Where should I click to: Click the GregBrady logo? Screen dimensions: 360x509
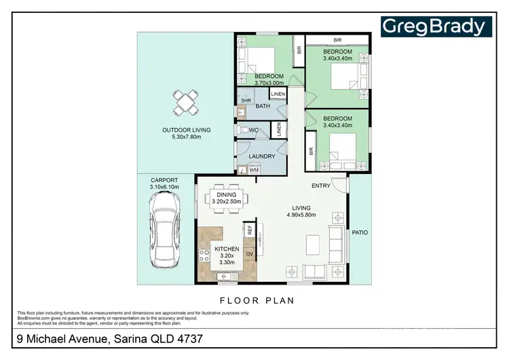tap(435, 26)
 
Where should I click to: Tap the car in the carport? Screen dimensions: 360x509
tap(165, 228)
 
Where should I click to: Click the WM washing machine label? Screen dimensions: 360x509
tap(253, 170)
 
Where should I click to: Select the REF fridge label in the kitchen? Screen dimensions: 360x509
tap(250, 230)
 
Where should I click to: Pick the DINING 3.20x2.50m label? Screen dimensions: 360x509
tap(227, 198)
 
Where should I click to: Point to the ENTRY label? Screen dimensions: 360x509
tap(321, 185)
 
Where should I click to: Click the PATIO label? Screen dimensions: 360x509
tap(360, 233)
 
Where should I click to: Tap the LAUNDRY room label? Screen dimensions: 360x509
tap(262, 156)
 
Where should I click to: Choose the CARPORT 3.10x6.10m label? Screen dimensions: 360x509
tap(164, 183)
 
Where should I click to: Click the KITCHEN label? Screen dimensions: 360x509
tap(227, 249)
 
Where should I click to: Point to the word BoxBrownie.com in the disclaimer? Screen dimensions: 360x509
tap(31, 317)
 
